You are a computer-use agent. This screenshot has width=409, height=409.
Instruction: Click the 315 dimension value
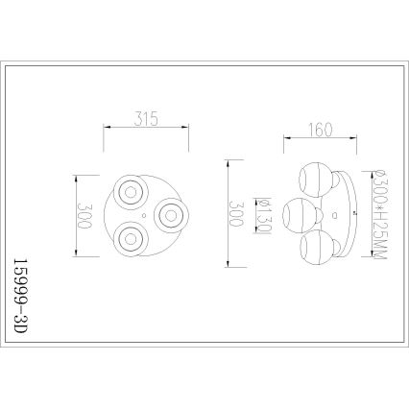point(144,120)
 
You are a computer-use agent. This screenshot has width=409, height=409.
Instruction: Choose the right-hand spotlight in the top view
point(169,212)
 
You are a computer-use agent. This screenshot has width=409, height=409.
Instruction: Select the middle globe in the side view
point(298,212)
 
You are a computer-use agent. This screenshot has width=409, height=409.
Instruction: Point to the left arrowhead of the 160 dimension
point(285,138)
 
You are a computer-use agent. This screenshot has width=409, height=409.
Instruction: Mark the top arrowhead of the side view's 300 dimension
point(228,160)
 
